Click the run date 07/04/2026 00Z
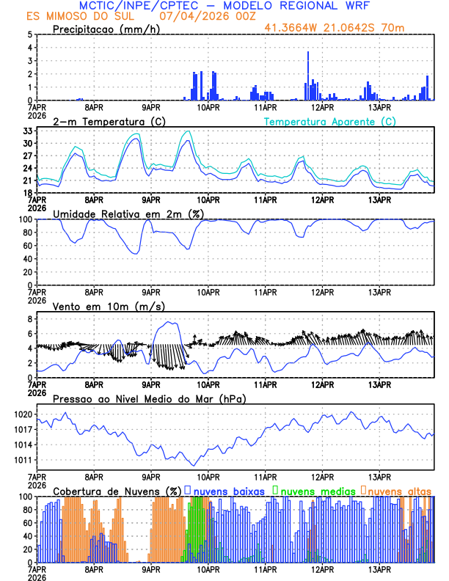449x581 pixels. [x=200, y=15]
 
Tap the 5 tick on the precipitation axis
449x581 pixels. [x=30, y=34]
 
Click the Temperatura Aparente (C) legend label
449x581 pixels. [x=330, y=121]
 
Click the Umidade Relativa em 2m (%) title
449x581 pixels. [x=130, y=213]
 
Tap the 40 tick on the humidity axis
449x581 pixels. [x=27, y=259]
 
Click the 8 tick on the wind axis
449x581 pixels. [x=30, y=319]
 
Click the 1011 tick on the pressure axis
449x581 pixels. [x=23, y=460]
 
